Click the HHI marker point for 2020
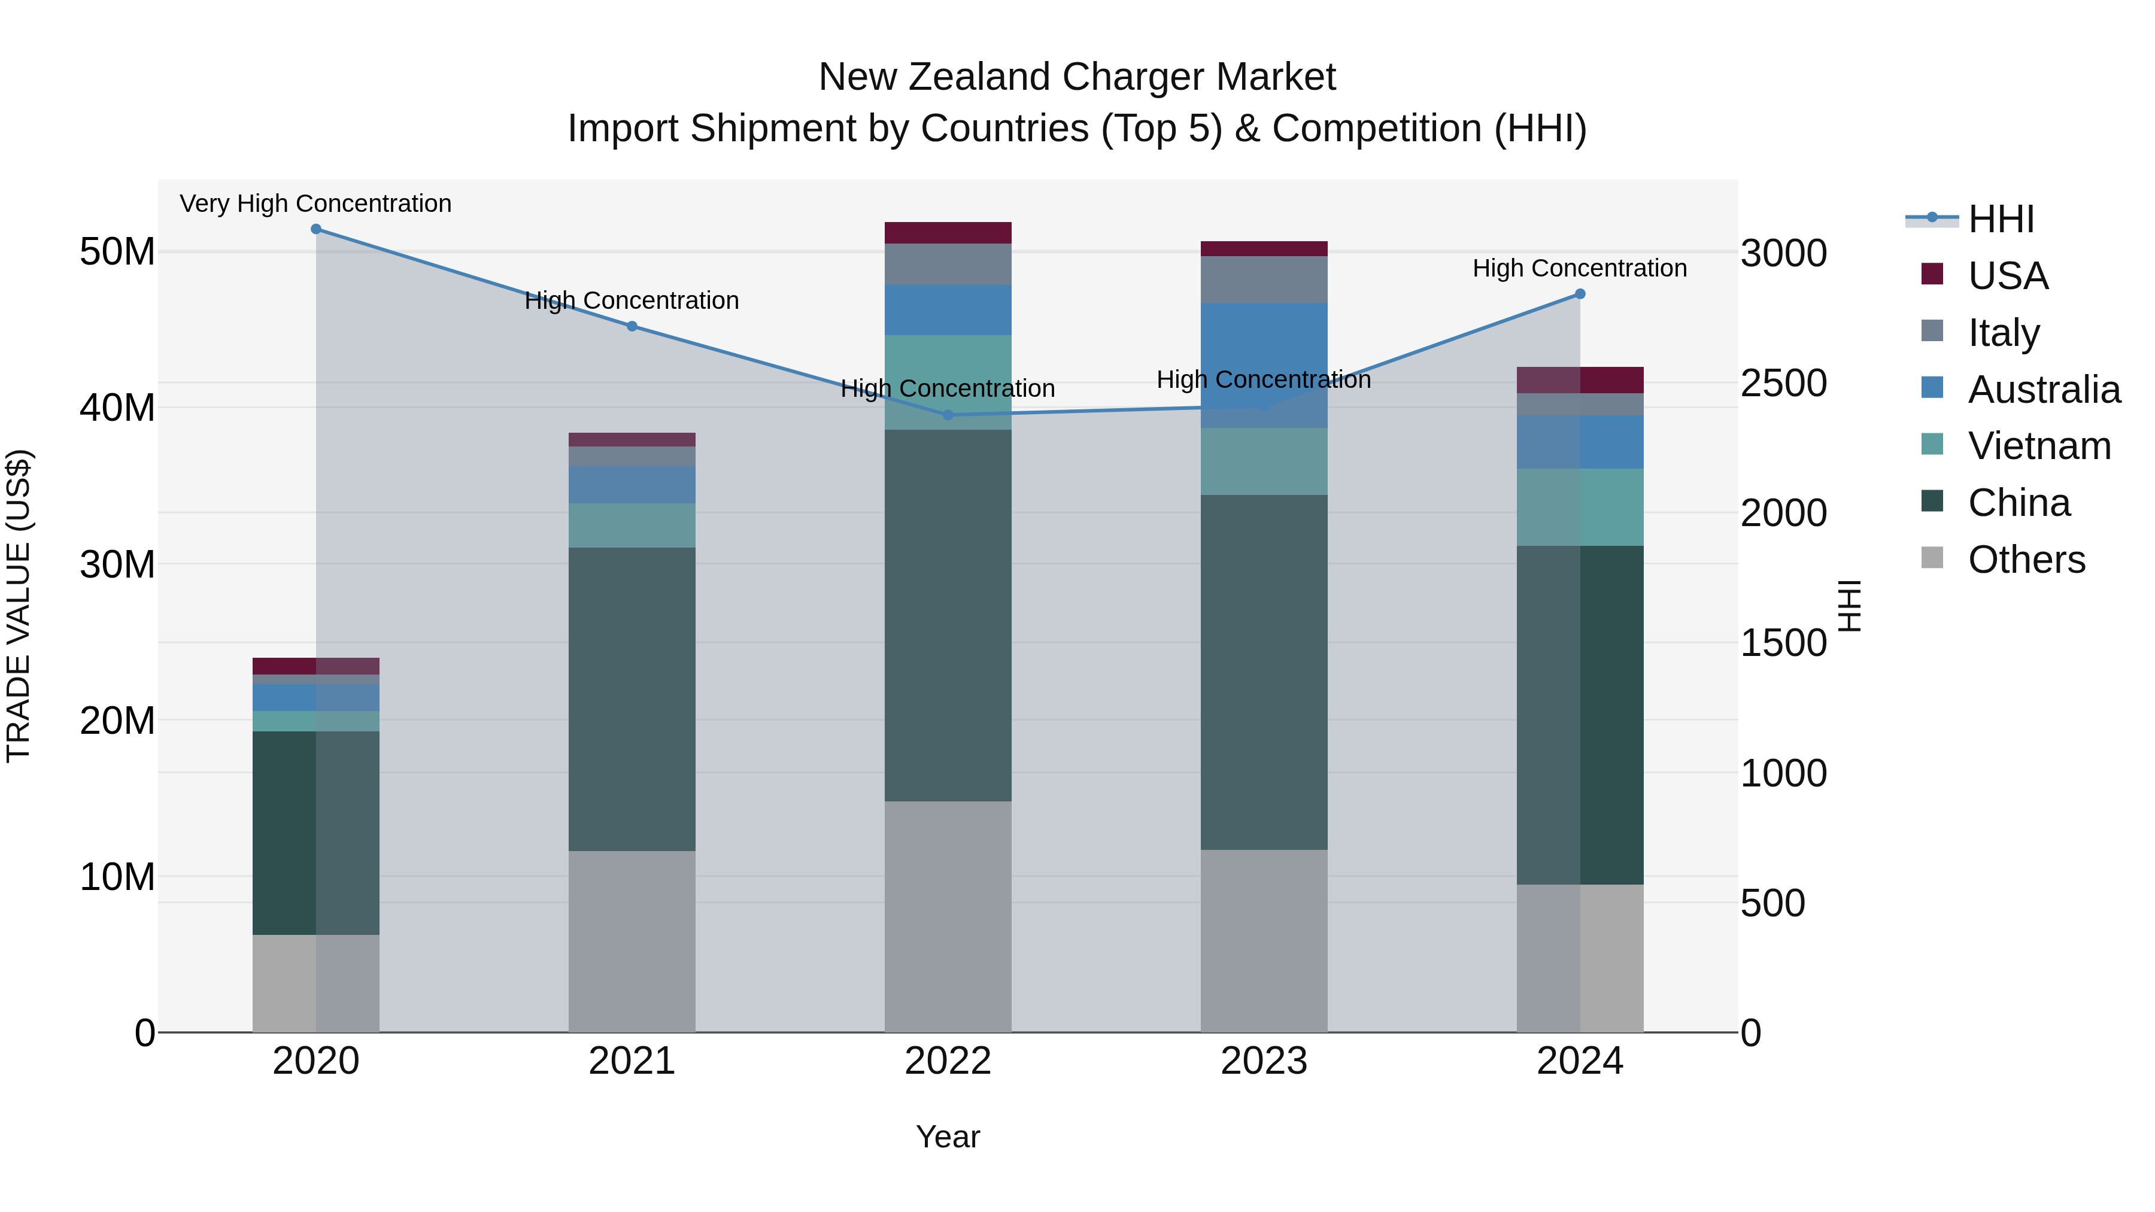point(316,229)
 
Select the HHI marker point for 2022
point(948,415)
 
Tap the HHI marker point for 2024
point(1580,294)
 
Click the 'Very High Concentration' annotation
point(315,203)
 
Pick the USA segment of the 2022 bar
point(948,233)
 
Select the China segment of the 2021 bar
point(632,698)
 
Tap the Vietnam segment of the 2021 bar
point(632,525)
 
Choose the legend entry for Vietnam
point(2039,446)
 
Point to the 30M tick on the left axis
point(117,564)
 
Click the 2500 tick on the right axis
point(1784,383)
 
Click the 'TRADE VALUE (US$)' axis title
point(19,606)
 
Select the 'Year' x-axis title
point(948,1137)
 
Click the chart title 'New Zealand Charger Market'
point(1077,77)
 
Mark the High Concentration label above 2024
point(1580,269)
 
